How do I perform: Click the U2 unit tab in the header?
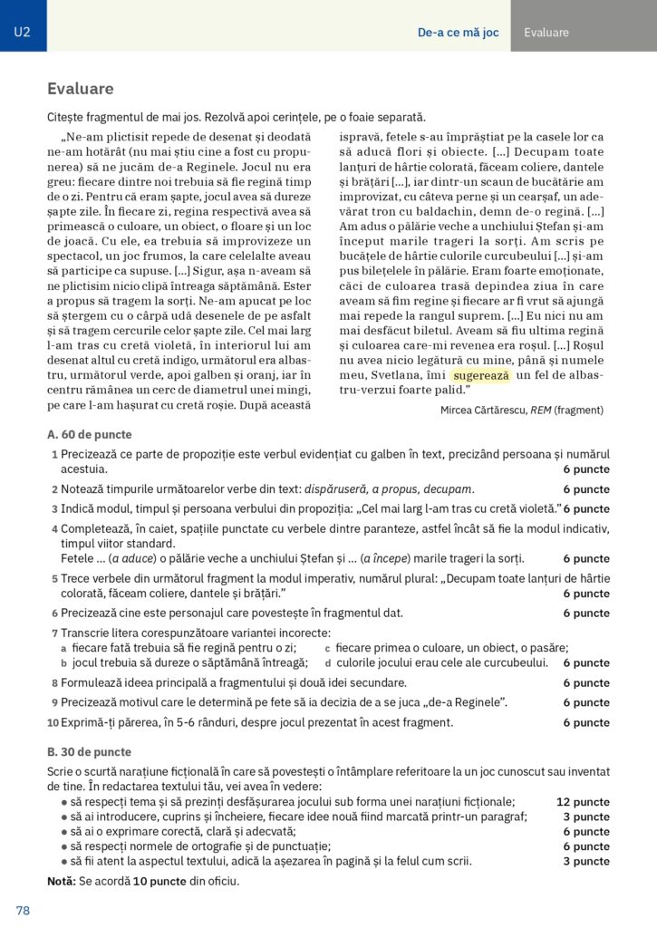pyautogui.click(x=23, y=33)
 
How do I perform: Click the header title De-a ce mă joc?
pyautogui.click(x=458, y=33)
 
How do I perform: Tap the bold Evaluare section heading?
pyautogui.click(x=81, y=89)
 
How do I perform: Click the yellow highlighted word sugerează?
pyautogui.click(x=482, y=375)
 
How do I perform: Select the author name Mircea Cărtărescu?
pyautogui.click(x=485, y=410)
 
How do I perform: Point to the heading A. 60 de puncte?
pyautogui.click(x=89, y=435)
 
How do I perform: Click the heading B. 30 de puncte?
pyautogui.click(x=89, y=752)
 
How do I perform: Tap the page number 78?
pyautogui.click(x=23, y=910)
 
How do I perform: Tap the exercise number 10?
pyautogui.click(x=53, y=723)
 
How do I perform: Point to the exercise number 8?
pyautogui.click(x=54, y=683)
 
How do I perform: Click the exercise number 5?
pyautogui.click(x=54, y=578)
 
